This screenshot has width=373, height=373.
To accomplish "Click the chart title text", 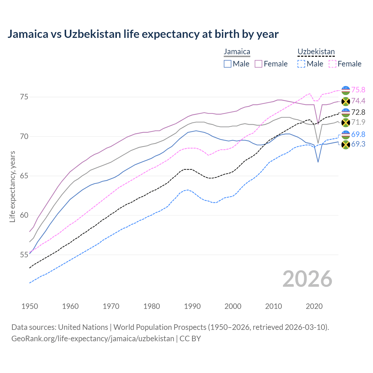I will (x=143, y=34).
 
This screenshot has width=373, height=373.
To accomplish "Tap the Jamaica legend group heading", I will (x=237, y=52).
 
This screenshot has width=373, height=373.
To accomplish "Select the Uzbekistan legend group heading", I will (x=316, y=52).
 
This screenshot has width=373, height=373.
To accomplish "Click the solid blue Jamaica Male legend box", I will (x=228, y=64).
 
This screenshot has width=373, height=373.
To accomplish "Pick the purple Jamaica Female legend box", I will (x=258, y=64).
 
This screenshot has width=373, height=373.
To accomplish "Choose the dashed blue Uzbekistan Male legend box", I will (x=301, y=64).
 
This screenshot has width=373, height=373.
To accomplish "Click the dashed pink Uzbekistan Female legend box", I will (x=332, y=64).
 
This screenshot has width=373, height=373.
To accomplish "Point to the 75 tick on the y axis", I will (x=24, y=97).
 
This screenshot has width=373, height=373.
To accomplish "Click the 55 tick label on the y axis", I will (x=24, y=255).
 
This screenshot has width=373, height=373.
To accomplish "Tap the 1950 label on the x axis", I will (x=30, y=306).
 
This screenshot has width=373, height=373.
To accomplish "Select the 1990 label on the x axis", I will (x=192, y=306).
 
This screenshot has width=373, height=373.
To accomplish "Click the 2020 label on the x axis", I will (x=314, y=306).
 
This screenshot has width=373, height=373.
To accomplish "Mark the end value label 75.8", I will (x=358, y=90).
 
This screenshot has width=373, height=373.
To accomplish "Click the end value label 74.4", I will (x=358, y=101).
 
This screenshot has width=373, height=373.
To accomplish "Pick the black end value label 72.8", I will (x=358, y=112).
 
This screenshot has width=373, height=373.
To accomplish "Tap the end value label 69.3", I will (x=358, y=144).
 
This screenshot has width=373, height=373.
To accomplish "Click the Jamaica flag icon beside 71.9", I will (x=346, y=123).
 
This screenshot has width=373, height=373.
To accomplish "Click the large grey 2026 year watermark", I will (x=307, y=279).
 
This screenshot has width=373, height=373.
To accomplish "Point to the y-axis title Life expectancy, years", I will (x=13, y=186).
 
